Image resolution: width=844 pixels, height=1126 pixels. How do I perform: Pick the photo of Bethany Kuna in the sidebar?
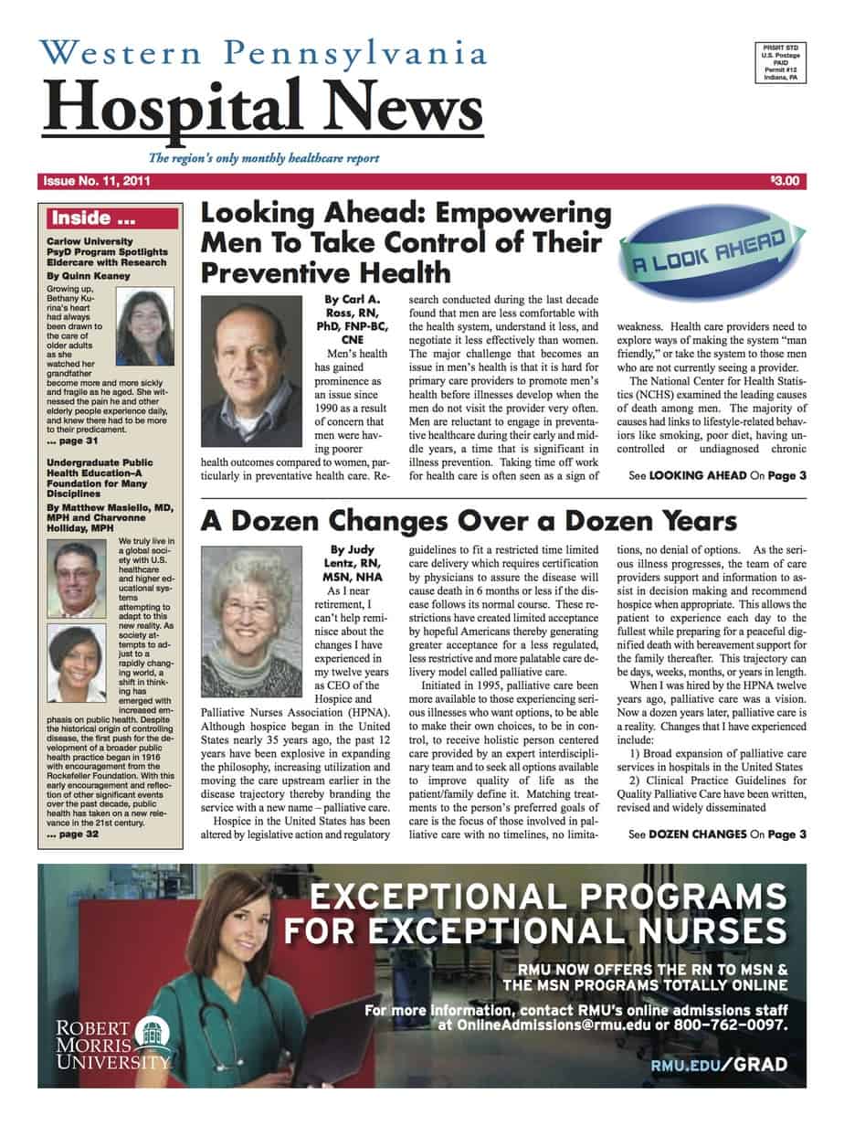(x=142, y=327)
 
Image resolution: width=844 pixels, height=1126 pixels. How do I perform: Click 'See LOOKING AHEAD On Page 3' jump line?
(x=718, y=476)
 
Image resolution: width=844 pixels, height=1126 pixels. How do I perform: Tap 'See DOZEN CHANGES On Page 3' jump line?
(x=718, y=834)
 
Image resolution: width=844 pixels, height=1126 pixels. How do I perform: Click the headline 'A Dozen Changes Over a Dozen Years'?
(x=469, y=521)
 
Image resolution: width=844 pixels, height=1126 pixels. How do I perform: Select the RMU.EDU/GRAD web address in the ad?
(x=716, y=1066)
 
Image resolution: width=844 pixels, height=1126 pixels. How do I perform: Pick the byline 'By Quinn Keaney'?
(x=83, y=275)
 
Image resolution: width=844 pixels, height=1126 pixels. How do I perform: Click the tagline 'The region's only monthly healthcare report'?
(x=264, y=158)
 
